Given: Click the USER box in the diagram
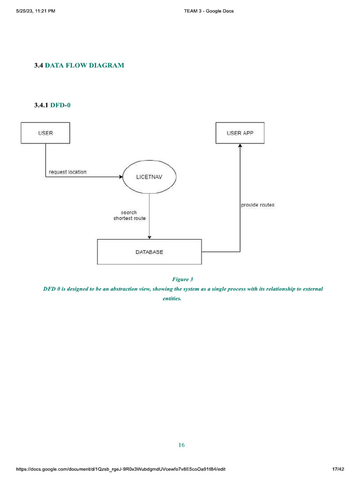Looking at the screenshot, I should [45, 133].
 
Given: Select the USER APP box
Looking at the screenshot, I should [240, 133].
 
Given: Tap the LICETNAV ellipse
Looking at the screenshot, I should [149, 177].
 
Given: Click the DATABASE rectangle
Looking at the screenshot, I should [149, 252].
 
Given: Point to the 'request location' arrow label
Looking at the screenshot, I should [67, 172].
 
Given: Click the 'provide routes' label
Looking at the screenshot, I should [257, 205].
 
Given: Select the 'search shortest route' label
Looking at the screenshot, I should [129, 216].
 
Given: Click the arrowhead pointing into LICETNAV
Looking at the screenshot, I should [120, 177].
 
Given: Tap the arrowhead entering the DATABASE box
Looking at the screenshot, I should [149, 237].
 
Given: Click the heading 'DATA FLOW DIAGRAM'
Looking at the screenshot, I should [84, 66].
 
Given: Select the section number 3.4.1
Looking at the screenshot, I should [41, 105].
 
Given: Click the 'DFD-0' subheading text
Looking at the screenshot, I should [60, 105].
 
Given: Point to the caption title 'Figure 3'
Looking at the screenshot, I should [182, 279].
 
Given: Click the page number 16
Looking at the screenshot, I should [181, 445].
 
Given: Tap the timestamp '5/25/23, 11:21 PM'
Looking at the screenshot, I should [36, 11].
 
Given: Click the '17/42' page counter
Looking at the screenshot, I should [337, 469].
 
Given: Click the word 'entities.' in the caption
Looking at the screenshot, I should [172, 298].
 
